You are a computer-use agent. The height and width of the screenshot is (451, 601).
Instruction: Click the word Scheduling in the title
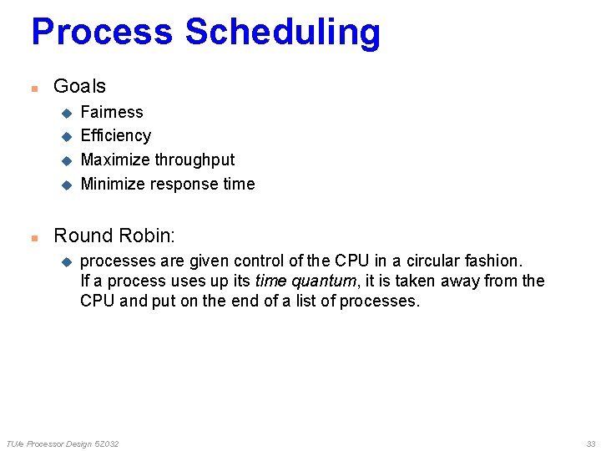pyautogui.click(x=282, y=33)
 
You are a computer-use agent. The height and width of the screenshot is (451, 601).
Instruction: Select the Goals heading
pyautogui.click(x=79, y=86)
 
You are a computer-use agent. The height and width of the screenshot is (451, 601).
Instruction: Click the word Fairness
pyautogui.click(x=112, y=112)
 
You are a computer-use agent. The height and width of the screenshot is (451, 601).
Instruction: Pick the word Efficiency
pyautogui.click(x=115, y=135)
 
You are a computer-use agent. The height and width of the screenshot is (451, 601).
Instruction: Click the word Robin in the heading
pyautogui.click(x=148, y=236)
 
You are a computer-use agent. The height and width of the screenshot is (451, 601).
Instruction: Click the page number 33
pyautogui.click(x=590, y=443)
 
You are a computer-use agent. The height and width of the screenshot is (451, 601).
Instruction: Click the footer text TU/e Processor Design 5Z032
pyautogui.click(x=63, y=443)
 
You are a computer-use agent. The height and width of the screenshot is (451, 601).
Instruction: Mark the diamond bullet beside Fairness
pyautogui.click(x=66, y=113)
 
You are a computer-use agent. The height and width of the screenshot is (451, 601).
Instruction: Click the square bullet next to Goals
pyautogui.click(x=34, y=88)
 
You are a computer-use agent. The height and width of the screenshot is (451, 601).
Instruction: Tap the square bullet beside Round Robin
pyautogui.click(x=34, y=238)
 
